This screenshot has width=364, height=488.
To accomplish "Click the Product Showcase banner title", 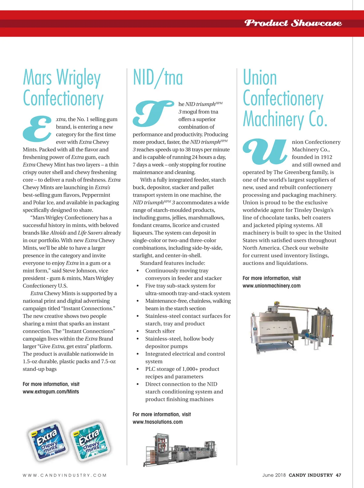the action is pos(293,23).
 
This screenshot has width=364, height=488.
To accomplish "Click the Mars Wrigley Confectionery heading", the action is pos(63,88).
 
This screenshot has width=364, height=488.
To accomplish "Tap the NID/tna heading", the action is pos(158,78).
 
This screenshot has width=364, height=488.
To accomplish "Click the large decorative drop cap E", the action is pos(37,129).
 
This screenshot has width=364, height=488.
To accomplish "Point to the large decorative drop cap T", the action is pos(153,113).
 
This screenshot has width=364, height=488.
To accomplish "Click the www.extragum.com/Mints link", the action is pos(51,392).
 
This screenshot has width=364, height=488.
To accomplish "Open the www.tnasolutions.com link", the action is pos(157,422).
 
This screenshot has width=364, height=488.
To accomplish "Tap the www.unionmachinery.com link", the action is pos(271,286).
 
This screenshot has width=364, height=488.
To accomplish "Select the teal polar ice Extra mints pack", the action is pos(90,441).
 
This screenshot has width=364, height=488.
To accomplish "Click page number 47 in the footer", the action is pos(339,475).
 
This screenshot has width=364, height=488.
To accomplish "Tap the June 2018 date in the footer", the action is pos(274,475).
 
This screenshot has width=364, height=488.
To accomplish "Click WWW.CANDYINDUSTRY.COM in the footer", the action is pos(65,475).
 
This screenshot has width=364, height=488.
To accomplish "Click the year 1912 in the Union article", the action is pos(326,157).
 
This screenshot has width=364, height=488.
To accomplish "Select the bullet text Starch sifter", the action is pos(160,331).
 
